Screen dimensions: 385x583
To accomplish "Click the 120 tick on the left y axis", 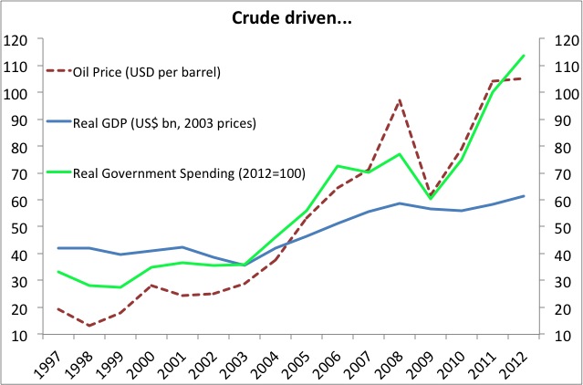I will (18, 40).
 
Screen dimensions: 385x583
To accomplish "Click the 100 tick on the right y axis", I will (563, 93).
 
